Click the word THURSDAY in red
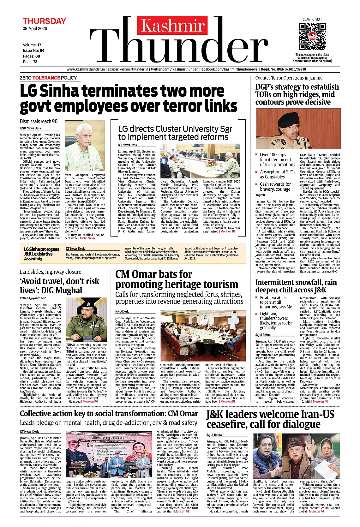pos(44,21)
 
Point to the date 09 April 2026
pos(35,28)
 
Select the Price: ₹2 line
pos(30,62)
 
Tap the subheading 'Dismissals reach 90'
pos(39,122)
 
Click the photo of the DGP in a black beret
pos(298,129)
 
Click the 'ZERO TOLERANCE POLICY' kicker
pos(48,78)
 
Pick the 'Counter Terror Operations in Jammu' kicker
pos(289,78)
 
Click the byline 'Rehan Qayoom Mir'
pos(33,298)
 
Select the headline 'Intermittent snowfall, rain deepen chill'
pos(296,286)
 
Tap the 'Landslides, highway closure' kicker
pos(51,272)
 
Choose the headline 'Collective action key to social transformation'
pos(109,414)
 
